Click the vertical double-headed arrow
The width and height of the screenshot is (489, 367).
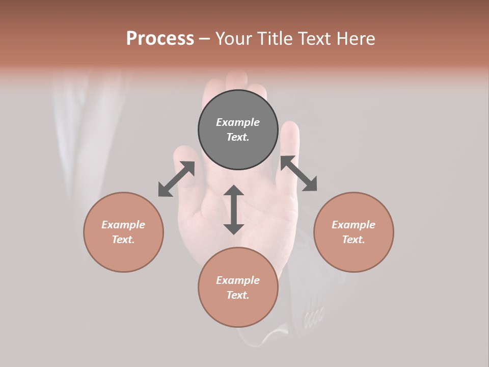(234, 209)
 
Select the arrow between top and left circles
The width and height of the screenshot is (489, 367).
(176, 179)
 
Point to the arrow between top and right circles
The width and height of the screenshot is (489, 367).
(298, 173)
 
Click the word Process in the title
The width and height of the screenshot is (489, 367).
(160, 38)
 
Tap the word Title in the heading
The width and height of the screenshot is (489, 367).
(274, 38)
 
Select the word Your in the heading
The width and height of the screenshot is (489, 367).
(233, 38)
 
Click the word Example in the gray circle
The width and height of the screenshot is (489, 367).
(238, 122)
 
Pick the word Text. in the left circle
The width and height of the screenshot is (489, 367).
(123, 240)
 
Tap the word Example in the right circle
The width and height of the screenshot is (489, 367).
(354, 225)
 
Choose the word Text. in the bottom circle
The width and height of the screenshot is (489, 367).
(238, 295)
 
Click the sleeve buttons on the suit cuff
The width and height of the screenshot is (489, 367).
(313, 317)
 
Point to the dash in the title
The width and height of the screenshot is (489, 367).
(204, 38)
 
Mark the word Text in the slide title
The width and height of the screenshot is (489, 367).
(315, 38)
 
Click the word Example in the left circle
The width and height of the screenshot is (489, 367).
(123, 225)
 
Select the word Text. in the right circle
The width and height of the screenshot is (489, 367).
(354, 240)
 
